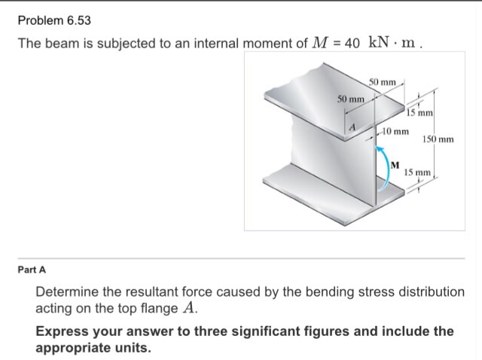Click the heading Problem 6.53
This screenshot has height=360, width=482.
(x=53, y=20)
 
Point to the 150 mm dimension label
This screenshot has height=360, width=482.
(x=438, y=139)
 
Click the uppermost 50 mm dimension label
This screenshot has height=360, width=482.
(x=383, y=81)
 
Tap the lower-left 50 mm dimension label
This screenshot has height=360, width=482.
(x=350, y=99)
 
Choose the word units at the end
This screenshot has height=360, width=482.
(x=133, y=349)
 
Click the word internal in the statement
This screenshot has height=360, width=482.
(x=208, y=44)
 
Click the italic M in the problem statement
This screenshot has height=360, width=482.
(x=318, y=44)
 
